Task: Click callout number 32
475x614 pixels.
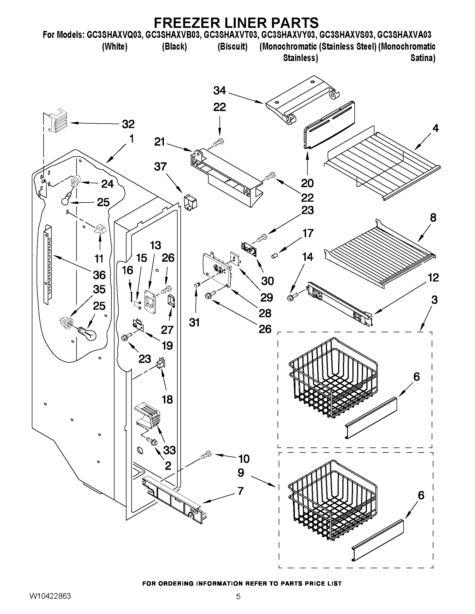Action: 128,124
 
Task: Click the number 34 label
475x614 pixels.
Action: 219,91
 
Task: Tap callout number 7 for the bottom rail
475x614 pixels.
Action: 240,491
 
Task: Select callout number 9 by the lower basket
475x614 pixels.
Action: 241,473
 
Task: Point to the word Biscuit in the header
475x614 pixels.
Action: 232,46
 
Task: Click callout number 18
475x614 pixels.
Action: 168,399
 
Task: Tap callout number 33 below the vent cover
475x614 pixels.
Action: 169,450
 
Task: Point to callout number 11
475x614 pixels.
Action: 99,259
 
